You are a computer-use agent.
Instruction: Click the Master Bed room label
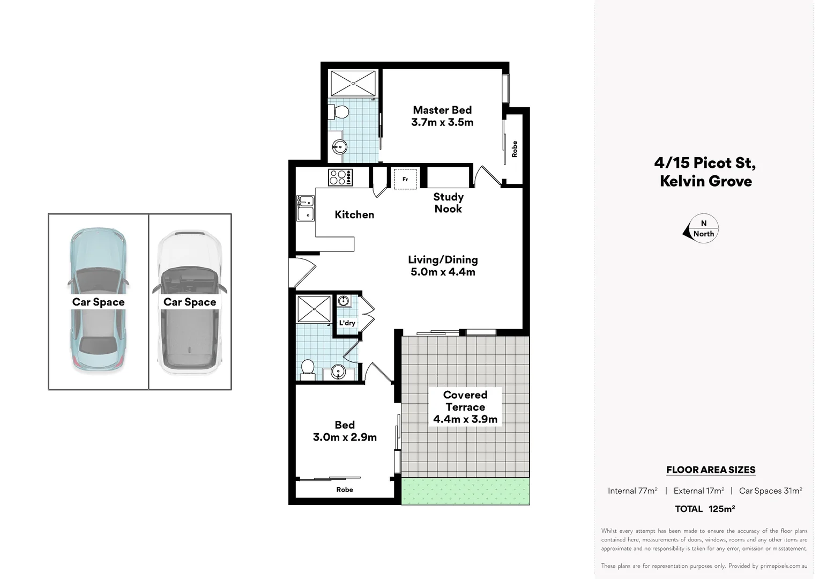point(442,116)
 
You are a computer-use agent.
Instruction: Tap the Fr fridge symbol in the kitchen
point(405,179)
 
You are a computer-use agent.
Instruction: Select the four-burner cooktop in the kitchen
point(340,177)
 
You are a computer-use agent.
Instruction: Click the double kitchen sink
point(306,208)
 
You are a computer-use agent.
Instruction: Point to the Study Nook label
point(448,203)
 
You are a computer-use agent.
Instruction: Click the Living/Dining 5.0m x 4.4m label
point(443,266)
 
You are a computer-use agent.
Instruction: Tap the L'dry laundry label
point(347,323)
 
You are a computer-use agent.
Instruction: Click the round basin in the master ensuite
point(339,146)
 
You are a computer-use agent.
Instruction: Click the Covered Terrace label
point(465,406)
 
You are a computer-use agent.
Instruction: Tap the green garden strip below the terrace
point(465,492)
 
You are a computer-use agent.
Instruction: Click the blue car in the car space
point(98,300)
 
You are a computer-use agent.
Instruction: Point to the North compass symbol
point(701,229)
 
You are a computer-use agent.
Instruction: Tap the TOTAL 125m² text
point(704,509)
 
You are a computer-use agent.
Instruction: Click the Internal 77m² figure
point(632,491)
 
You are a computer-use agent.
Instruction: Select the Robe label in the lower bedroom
point(345,489)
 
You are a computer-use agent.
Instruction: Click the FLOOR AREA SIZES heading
point(711,470)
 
